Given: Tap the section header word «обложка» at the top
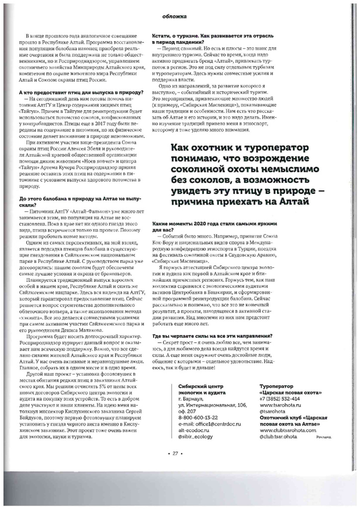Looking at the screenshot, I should [x=174, y=16].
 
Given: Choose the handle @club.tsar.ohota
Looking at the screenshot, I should [x=280, y=436].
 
